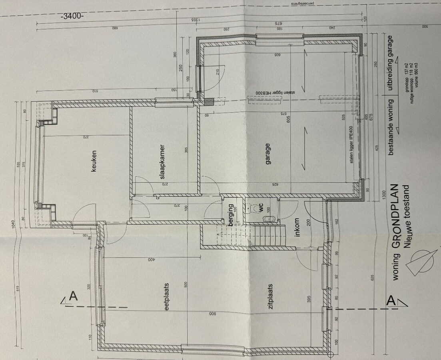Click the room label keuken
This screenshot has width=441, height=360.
point(94,161)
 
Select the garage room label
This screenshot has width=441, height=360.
point(267,154)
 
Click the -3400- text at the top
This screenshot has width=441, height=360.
point(72,16)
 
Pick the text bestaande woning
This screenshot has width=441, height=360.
point(391,127)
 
